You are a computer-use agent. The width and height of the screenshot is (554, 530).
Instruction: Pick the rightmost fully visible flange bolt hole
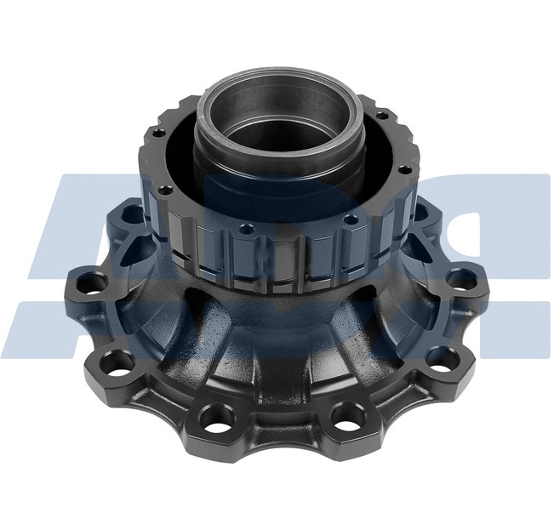click(461, 277)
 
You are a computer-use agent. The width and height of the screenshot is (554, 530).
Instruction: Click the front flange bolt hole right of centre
click(348, 414)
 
